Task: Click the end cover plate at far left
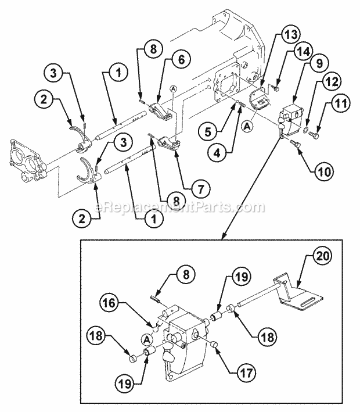(x=27, y=157)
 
